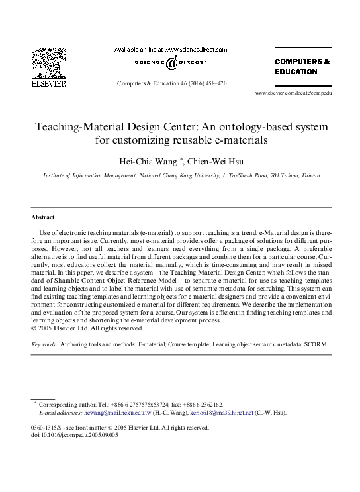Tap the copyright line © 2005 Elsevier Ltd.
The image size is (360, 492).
pos(86,328)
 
